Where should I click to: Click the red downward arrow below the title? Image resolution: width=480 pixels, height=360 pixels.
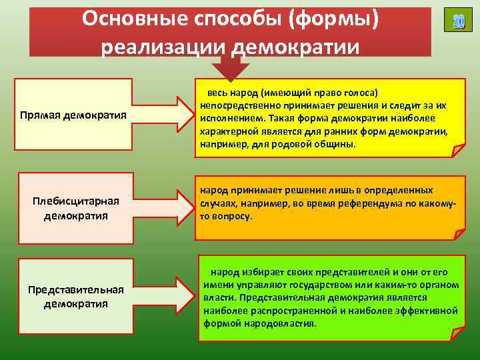(230, 67)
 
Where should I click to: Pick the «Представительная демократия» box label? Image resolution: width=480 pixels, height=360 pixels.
(75, 297)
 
